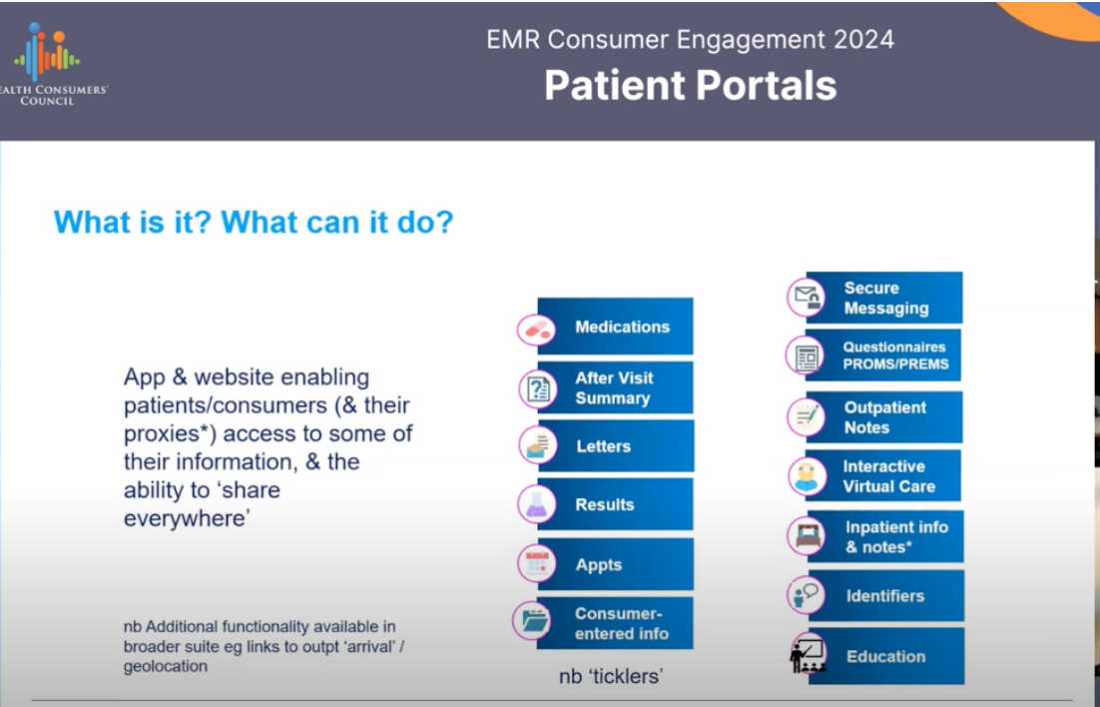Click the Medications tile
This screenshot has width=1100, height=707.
[615, 326]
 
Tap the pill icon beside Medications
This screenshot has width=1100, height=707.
[537, 330]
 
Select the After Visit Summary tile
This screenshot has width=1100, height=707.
[615, 387]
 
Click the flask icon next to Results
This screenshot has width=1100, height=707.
[537, 504]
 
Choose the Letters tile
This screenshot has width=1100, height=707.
[615, 445]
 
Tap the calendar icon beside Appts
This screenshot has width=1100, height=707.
[537, 564]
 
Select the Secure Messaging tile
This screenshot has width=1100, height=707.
[884, 298]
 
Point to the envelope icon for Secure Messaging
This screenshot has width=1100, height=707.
[807, 298]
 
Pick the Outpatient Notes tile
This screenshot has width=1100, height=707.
[884, 417]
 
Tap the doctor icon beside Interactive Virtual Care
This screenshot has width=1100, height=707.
[807, 476]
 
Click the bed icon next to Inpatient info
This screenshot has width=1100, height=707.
[807, 536]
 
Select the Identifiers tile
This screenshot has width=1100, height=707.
[886, 596]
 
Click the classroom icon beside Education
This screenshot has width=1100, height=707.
[808, 655]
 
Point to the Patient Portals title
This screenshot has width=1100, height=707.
[691, 86]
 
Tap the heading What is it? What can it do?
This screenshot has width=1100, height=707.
[254, 223]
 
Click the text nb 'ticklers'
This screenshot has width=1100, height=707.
[611, 676]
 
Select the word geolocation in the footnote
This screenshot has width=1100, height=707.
[166, 666]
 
